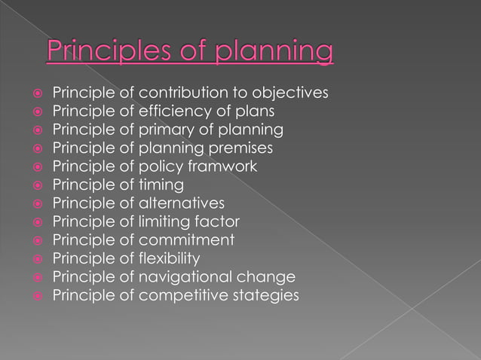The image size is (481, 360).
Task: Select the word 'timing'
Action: (x=161, y=185)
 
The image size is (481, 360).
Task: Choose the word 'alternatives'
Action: (x=182, y=203)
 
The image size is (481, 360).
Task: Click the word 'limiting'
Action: (x=166, y=221)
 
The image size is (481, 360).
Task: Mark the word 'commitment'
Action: (x=186, y=239)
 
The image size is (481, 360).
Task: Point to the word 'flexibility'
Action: (x=170, y=258)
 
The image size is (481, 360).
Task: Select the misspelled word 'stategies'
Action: (x=265, y=295)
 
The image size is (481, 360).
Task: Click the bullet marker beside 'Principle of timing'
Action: (x=35, y=185)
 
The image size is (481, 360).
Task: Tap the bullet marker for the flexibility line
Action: (x=35, y=258)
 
